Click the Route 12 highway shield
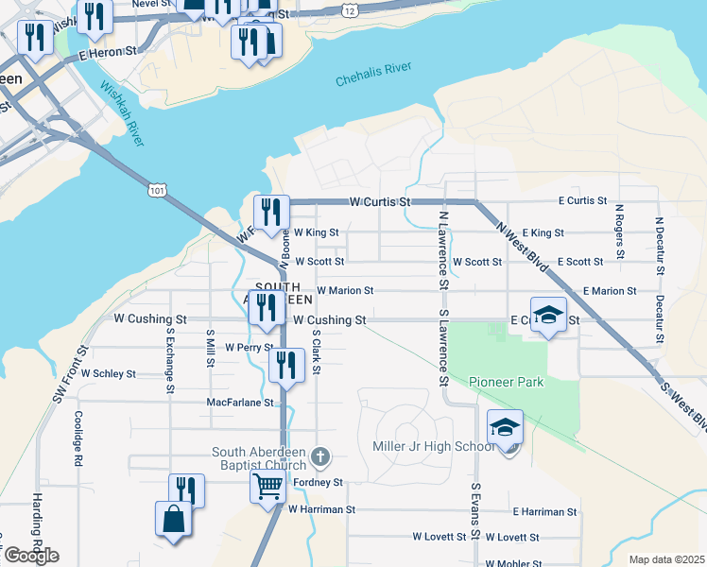[x=350, y=9]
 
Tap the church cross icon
[x=320, y=458]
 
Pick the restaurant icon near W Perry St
[x=286, y=366]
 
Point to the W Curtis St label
[x=381, y=202]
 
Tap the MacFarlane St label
[x=240, y=403]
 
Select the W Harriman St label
[x=321, y=509]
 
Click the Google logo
[x=31, y=556]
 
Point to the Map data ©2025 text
[x=666, y=559]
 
